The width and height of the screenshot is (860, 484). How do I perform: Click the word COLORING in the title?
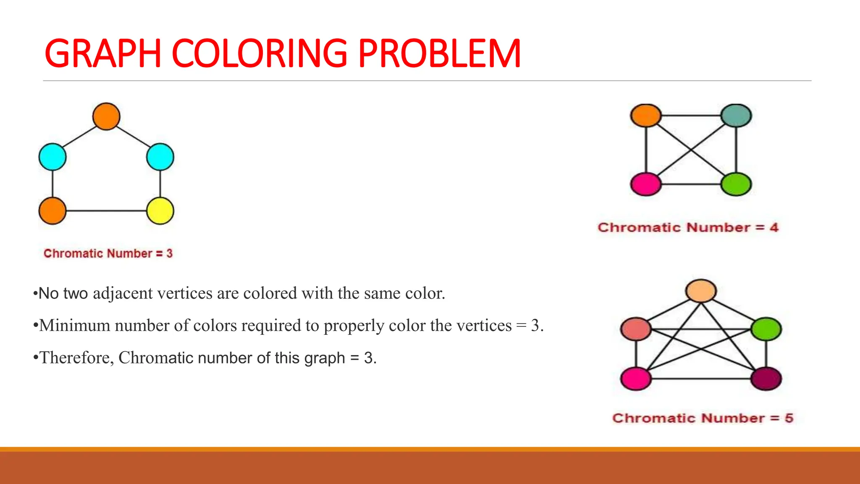pos(260,53)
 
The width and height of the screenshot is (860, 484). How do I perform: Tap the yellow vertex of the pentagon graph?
pos(160,210)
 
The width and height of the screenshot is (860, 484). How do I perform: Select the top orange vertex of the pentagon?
pos(106,116)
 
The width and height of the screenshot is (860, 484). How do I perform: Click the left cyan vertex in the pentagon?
pos(52,157)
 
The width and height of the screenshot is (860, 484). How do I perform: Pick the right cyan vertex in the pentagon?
pos(160,157)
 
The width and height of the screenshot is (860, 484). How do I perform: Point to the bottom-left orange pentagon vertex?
pos(52,210)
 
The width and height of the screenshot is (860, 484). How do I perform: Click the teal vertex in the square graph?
pos(736,115)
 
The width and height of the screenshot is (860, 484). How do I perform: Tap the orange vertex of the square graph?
pos(646,116)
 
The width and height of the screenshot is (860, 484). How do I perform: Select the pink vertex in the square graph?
pos(646,184)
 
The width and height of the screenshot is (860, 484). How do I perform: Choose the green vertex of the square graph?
pos(736,184)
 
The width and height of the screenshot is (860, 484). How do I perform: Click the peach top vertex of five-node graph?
pos(701,291)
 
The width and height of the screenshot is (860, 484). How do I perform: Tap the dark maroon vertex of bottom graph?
pos(766,379)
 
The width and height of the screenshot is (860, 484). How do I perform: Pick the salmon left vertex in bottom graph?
pos(636,329)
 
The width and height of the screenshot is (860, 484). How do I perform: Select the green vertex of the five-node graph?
pos(766,329)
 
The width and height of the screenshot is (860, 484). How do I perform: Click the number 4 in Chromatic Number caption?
pos(774,227)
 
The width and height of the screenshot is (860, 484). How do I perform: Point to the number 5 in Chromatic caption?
pos(789,418)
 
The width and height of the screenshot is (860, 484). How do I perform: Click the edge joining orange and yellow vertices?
pos(106,210)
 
